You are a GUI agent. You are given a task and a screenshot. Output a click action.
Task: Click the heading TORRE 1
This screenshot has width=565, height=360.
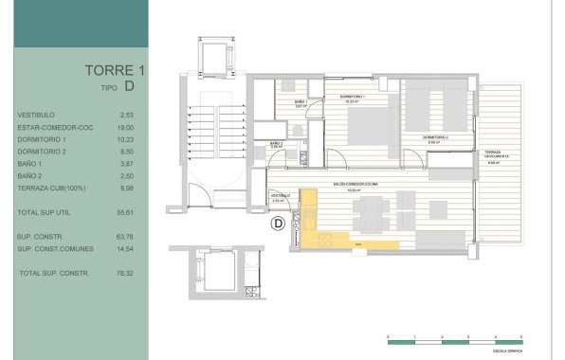[114, 70]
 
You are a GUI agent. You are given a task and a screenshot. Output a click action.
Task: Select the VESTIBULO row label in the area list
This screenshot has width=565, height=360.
[36, 115]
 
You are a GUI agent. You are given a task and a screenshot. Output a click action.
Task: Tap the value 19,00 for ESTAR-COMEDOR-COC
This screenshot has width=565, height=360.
[122, 127]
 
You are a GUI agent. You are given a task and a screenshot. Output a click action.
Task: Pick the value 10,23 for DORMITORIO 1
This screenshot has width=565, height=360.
[122, 139]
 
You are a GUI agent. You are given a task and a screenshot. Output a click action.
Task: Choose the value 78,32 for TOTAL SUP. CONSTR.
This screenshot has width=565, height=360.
[122, 273]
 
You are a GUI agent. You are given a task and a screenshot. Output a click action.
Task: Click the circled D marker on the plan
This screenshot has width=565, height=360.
[279, 224]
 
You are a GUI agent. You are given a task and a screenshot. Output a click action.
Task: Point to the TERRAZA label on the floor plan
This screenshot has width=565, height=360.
[493, 153]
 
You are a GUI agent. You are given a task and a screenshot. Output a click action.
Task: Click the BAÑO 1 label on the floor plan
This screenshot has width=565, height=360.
[300, 101]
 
